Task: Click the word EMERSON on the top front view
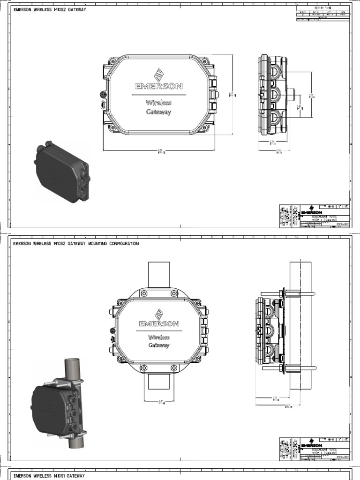pos(159,86)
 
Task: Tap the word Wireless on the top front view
pos(158,102)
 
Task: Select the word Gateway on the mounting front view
pos(159,345)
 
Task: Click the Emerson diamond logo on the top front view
pos(159,75)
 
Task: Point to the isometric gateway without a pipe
pos(61,172)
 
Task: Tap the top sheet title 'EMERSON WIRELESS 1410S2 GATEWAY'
pos(50,9)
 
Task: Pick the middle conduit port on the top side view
pos(275,94)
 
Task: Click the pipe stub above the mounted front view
pos(159,274)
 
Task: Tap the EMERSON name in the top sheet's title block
pos(312,212)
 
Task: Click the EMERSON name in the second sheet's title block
pos(312,445)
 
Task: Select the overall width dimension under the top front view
pos(159,151)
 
